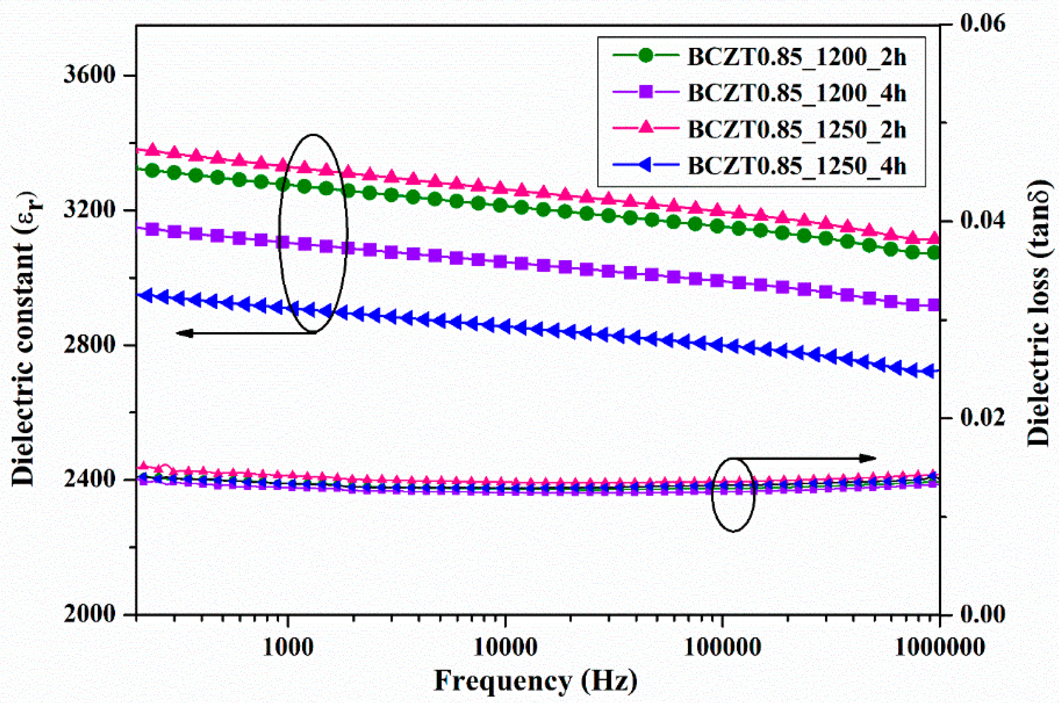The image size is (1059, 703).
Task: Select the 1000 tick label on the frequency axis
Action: point(287,646)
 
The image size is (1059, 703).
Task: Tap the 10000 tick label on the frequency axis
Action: point(505,646)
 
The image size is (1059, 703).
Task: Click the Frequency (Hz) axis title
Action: point(536,680)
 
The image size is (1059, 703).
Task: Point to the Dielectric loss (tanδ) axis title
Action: point(1039,314)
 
